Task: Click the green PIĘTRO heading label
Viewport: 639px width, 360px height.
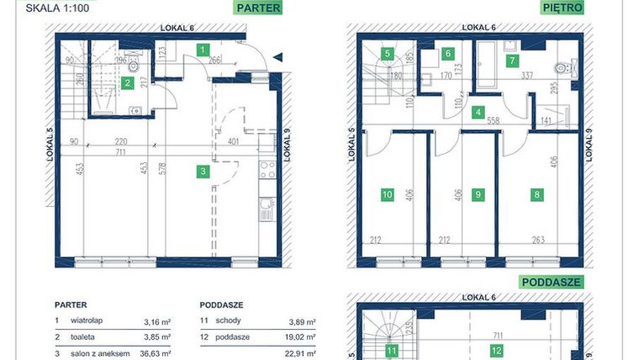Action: click(562, 10)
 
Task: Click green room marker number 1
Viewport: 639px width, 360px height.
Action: click(203, 50)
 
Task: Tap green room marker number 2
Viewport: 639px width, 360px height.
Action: click(127, 82)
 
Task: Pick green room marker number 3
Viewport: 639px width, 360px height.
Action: click(203, 172)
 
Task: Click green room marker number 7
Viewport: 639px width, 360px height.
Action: click(511, 60)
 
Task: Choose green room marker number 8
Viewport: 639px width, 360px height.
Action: click(536, 194)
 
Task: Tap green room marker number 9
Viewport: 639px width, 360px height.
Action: click(478, 194)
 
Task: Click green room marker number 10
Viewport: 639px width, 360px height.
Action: click(387, 194)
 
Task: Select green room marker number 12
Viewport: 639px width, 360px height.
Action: click(498, 351)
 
